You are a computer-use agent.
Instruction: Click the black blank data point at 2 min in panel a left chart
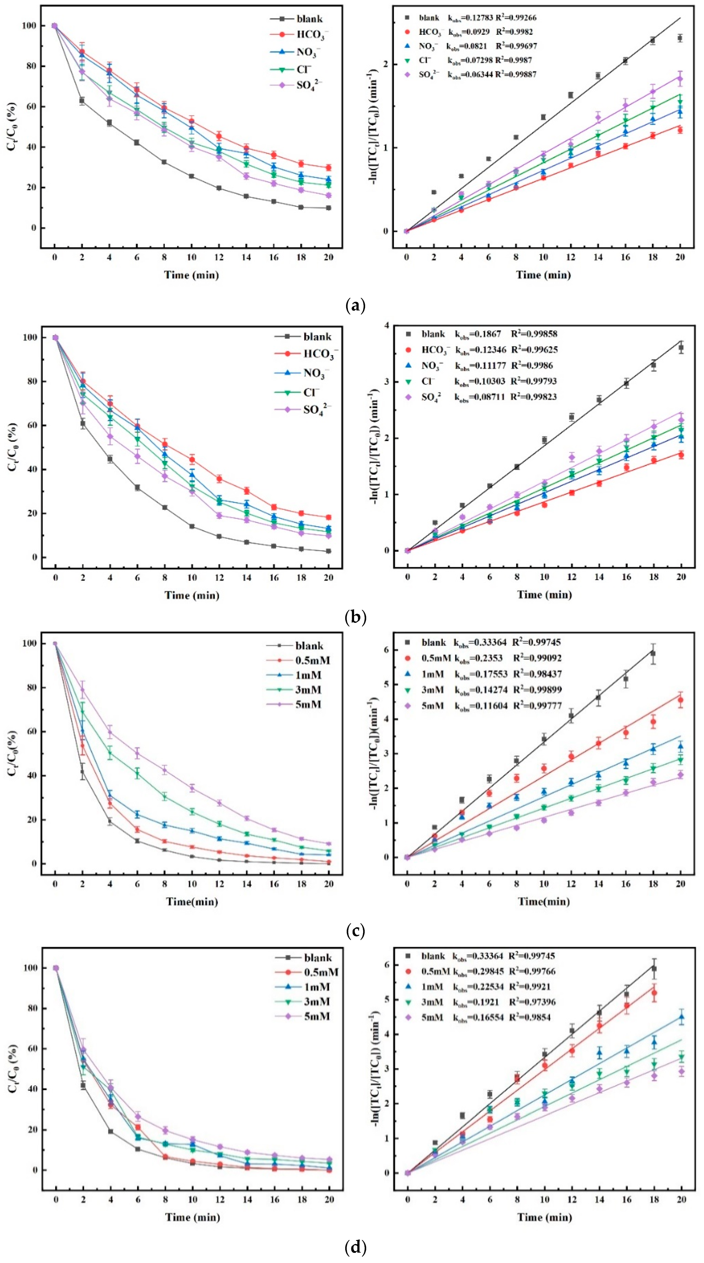pyautogui.click(x=82, y=101)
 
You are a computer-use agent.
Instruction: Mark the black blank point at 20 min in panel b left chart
pyautogui.click(x=329, y=551)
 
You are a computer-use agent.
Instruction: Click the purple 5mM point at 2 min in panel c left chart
pyautogui.click(x=82, y=690)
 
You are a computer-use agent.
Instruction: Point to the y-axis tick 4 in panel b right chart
pyautogui.click(x=387, y=326)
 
